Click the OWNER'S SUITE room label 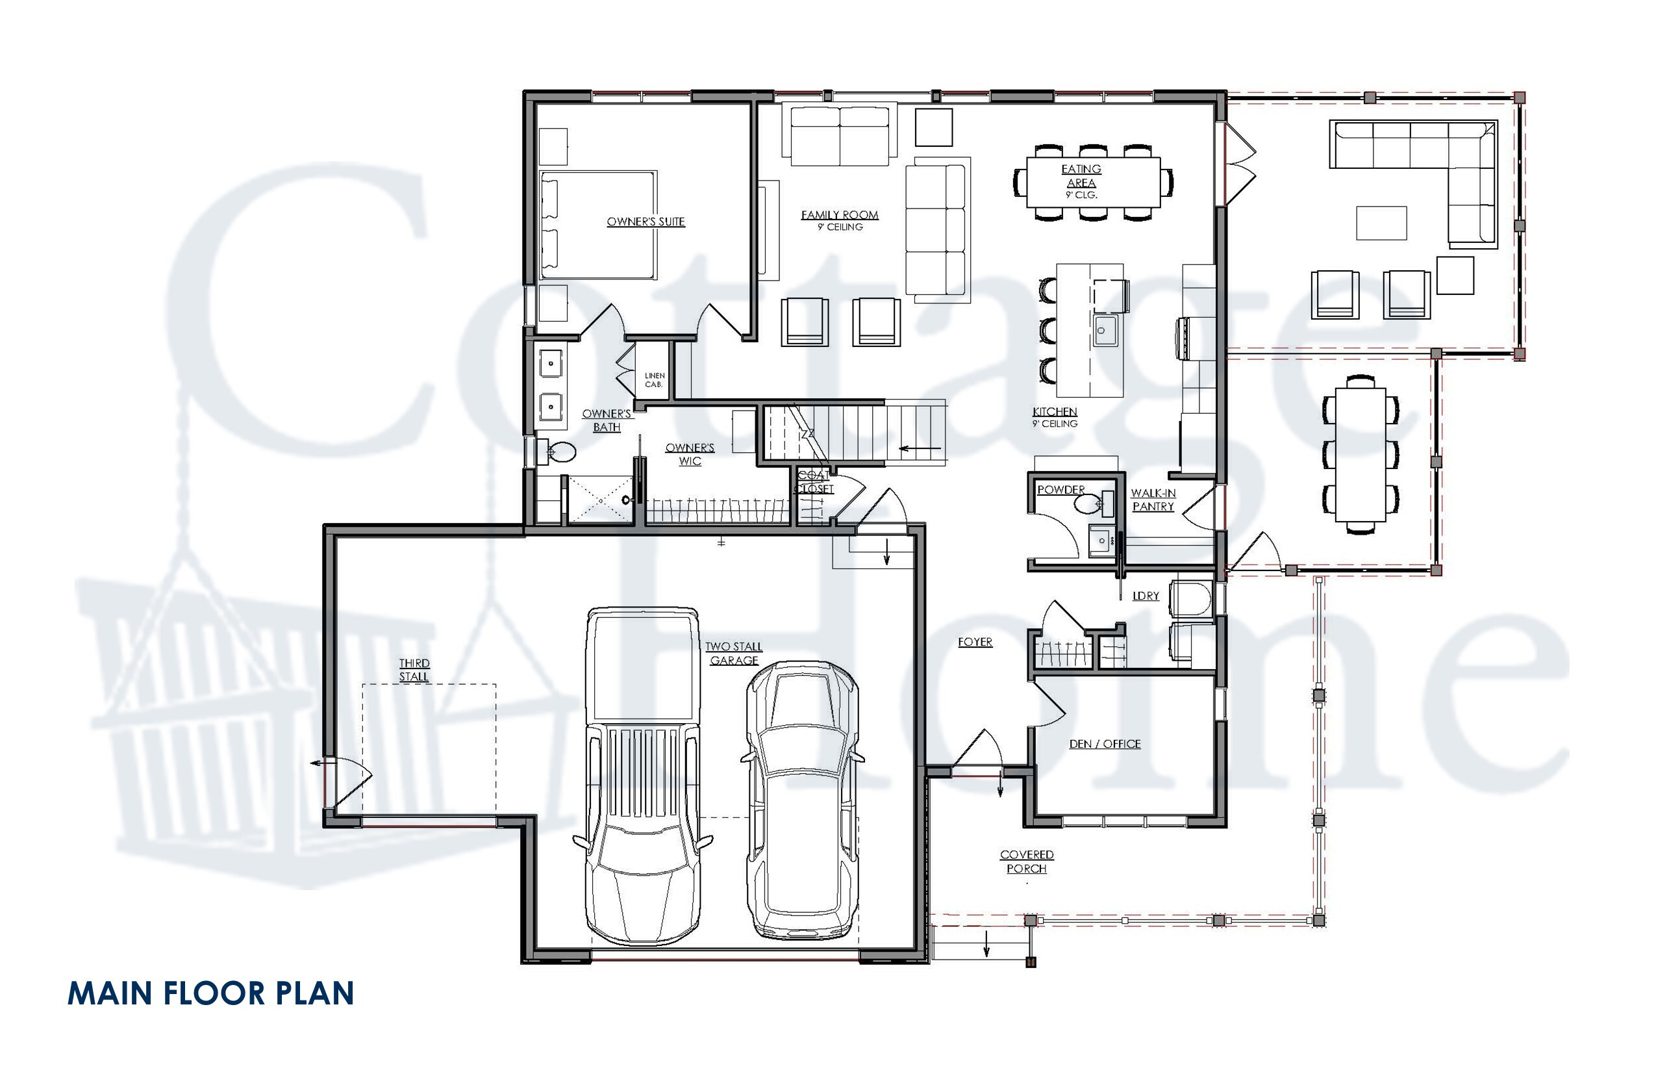pos(646,222)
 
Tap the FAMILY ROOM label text pos(839,216)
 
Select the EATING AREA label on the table pos(1081,176)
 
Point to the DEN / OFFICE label pos(1104,744)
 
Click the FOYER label pos(975,642)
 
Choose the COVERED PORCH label pos(1026,861)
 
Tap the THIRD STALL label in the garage pos(414,670)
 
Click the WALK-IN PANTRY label pos(1153,500)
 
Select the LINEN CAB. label pos(654,380)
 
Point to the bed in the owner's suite pos(598,225)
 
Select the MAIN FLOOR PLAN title pos(210,993)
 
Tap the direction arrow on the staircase pos(920,448)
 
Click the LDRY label pos(1146,596)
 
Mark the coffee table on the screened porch pos(1381,223)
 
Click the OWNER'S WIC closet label pos(690,455)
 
